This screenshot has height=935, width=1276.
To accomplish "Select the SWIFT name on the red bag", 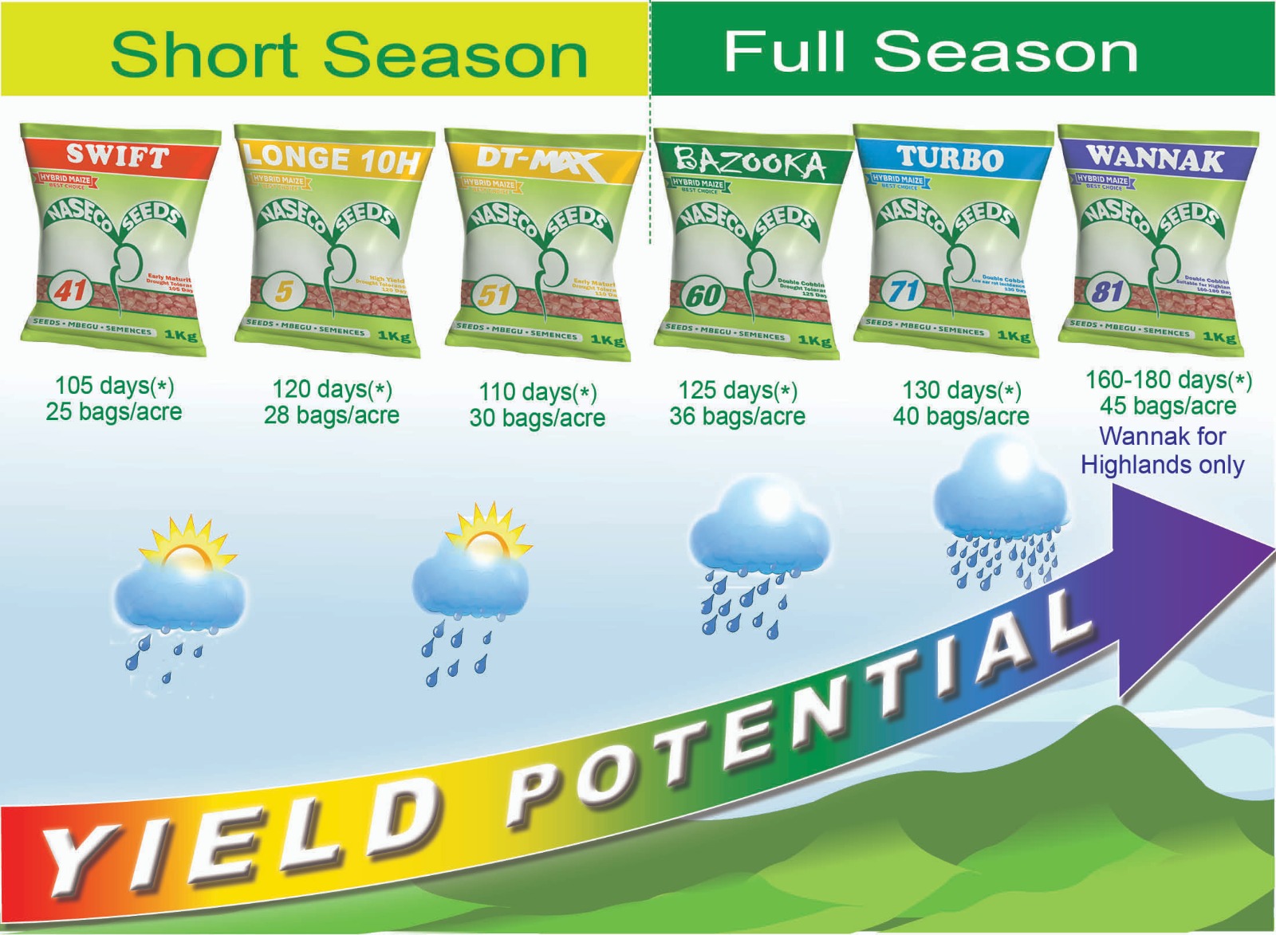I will point(117,156).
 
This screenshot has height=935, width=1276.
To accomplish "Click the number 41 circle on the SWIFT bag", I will point(70,291).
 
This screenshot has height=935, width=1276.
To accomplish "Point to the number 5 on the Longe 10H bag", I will point(284,292).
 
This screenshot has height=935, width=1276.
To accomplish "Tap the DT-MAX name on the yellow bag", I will point(538,161).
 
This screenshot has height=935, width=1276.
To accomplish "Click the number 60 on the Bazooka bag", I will point(703,296).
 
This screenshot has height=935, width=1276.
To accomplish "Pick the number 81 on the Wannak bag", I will point(1107,293).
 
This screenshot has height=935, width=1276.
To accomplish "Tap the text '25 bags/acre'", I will point(113,412).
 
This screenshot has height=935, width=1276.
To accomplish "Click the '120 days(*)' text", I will point(332,389).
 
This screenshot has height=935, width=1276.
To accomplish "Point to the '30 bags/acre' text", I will point(537,418).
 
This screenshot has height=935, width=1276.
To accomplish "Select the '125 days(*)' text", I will point(738,391).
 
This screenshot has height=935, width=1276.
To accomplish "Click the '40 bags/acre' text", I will point(960,416).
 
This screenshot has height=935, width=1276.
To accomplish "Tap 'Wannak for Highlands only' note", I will point(1162,450).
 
